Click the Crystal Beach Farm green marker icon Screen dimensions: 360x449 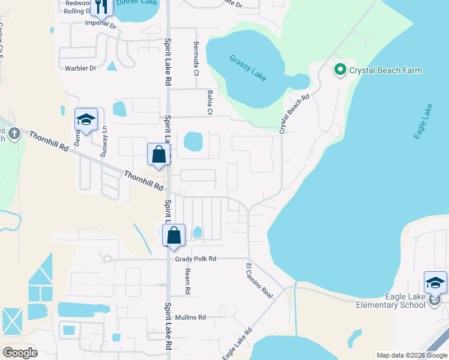pos(340,70)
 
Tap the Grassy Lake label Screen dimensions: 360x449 pos(247,68)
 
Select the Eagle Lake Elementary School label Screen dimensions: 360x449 pos(391,301)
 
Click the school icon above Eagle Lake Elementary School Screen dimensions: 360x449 pos(435,283)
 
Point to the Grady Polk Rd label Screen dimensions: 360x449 pos(196,259)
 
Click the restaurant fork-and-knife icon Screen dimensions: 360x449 pos(101,6)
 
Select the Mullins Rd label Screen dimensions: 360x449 pos(191,317)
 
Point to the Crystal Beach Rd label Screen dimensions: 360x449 pos(294,113)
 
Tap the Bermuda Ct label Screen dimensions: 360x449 pos(196,59)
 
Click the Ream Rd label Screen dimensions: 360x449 pos(187,281)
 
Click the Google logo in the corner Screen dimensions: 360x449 pos(20,353)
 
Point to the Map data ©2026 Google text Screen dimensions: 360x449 pos(411,355)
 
